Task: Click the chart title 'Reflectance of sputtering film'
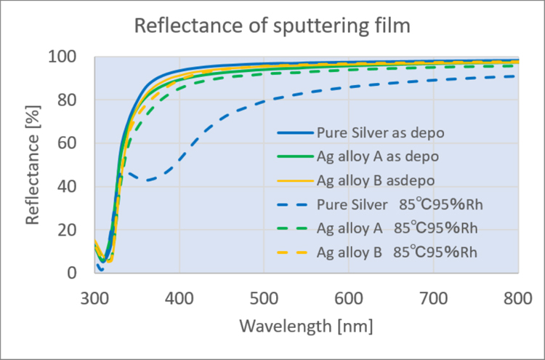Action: coord(272,28)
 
